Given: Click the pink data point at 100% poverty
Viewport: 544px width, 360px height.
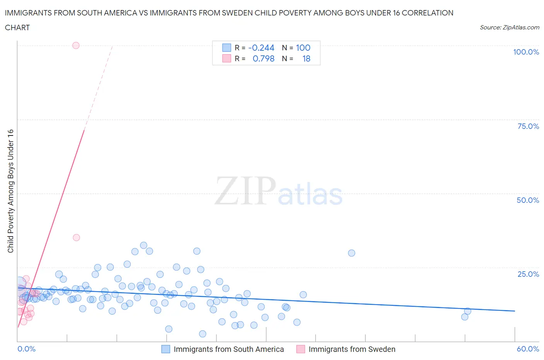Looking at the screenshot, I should (x=76, y=45).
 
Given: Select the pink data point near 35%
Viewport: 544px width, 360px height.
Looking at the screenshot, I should (x=76, y=237).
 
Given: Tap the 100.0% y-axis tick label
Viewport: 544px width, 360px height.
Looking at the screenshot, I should (x=526, y=52).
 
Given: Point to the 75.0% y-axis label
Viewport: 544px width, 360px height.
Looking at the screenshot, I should (x=528, y=126).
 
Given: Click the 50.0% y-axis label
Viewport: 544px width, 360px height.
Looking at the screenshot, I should (x=528, y=200).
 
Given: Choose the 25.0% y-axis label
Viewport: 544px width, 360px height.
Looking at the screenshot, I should (x=528, y=274).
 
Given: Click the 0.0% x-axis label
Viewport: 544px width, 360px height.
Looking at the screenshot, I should (x=26, y=349).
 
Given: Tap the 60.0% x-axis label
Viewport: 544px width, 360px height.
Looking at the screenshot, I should (x=528, y=349).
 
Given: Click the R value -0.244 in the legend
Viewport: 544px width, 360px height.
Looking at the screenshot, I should (x=261, y=48).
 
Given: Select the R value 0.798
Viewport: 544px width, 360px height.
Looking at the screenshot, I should (x=263, y=58).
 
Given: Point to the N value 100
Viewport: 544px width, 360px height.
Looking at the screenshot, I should (x=303, y=48).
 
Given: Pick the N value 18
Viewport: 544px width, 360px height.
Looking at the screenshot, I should (x=306, y=58).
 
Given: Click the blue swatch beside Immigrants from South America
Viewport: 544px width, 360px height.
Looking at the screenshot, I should (x=166, y=349).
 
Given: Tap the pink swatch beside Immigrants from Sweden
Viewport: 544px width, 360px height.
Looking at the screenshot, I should (x=301, y=349).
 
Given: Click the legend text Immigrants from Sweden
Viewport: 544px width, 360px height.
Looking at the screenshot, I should (x=352, y=349).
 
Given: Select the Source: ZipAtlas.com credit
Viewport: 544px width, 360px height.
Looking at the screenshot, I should (x=509, y=27).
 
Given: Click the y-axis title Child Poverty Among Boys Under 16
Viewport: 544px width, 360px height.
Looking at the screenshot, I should (x=10, y=191).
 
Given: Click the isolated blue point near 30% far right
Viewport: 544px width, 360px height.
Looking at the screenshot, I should (x=351, y=253).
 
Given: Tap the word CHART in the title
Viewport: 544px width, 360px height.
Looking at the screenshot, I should (x=17, y=27).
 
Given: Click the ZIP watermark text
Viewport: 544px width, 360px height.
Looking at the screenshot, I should (x=245, y=191).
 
